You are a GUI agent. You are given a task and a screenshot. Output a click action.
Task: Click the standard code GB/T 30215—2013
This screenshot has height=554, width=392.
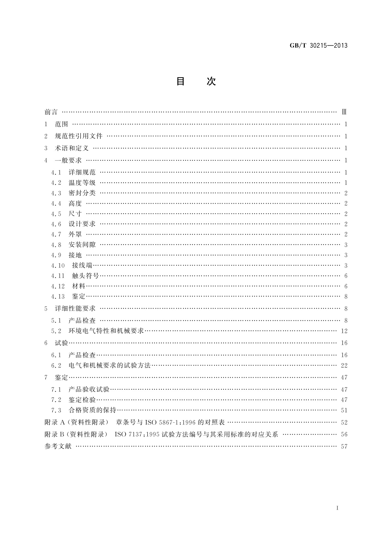pyautogui.click(x=318, y=46)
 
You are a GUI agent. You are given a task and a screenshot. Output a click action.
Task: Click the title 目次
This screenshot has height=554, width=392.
pyautogui.click(x=196, y=81)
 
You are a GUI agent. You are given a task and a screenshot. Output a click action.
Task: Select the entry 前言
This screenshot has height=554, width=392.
pyautogui.click(x=51, y=112)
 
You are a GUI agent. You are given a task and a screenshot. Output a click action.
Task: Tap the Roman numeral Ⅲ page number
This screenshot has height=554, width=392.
pyautogui.click(x=344, y=112)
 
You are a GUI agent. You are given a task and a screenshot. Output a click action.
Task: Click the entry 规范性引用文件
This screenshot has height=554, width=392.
pyautogui.click(x=79, y=136)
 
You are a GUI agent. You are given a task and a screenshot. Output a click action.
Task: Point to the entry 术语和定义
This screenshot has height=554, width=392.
pyautogui.click(x=72, y=148)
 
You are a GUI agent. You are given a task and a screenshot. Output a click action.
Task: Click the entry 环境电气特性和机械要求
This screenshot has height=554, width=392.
pyautogui.click(x=106, y=331)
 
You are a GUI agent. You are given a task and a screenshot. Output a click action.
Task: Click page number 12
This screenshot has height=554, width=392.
pyautogui.click(x=344, y=331)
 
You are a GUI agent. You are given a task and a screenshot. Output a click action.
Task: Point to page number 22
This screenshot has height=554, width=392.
pyautogui.click(x=344, y=365)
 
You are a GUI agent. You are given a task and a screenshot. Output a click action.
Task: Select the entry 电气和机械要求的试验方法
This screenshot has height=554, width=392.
pyautogui.click(x=109, y=365)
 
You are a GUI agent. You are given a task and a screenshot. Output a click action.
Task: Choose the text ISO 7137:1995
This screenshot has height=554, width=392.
pyautogui.click(x=137, y=434)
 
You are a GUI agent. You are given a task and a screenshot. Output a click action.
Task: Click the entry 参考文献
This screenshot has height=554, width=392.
pyautogui.click(x=58, y=446)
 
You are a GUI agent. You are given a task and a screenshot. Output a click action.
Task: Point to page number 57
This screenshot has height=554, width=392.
pyautogui.click(x=344, y=446)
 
